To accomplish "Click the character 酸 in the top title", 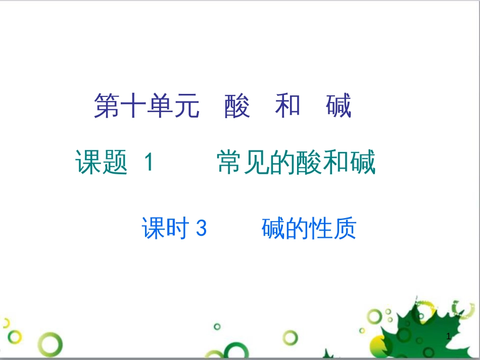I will tap(237, 107).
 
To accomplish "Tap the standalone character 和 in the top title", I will tap(287, 107).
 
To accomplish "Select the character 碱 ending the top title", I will tap(338, 107).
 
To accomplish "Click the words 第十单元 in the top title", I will tap(147, 107).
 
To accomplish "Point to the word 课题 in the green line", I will tap(101, 163).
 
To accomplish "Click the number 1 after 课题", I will tap(148, 163).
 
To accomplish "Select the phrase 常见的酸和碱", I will tap(297, 163).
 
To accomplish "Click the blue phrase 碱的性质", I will tap(309, 229).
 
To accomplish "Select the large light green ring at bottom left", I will tap(52, 345).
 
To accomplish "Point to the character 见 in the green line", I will tap(257, 163).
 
